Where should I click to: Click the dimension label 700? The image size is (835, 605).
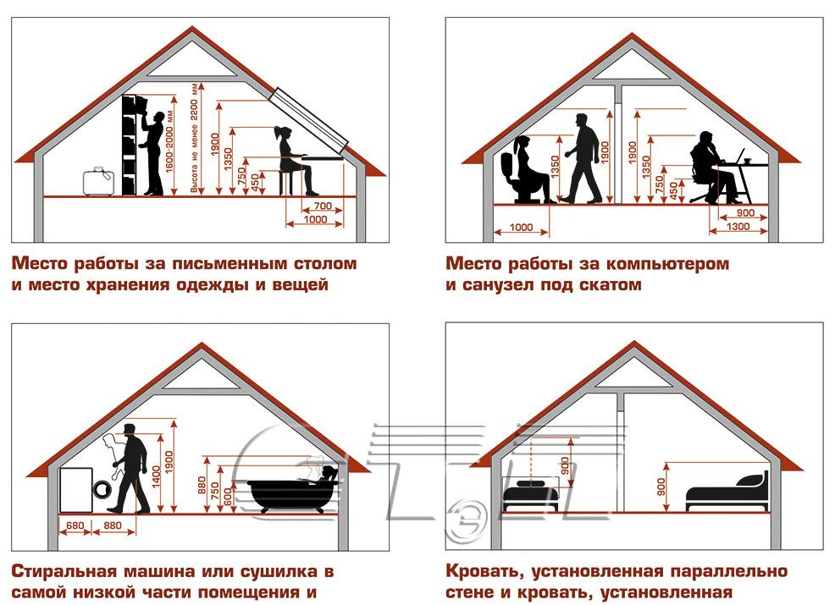tap(322, 206)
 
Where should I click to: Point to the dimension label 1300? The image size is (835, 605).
tap(738, 227)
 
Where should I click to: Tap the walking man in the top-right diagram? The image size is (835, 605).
tap(583, 158)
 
